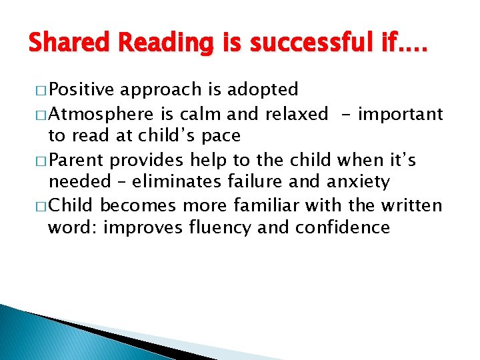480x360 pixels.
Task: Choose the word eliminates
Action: tap(157, 182)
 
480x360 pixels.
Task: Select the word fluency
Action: tap(220, 227)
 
